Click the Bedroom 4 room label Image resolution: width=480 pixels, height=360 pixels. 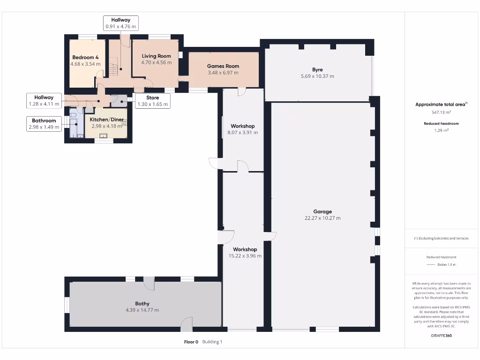coord(85,57)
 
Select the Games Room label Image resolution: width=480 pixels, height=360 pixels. coord(223,66)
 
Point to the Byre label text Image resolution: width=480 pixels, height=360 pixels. coord(317,70)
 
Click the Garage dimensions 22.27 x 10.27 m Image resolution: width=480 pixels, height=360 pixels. coord(322,218)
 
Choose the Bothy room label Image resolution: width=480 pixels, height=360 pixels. coord(142,304)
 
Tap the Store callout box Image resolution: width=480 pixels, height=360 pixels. coord(152,101)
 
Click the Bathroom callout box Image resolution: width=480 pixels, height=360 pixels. coord(44,124)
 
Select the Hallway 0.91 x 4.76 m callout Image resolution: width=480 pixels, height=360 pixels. coord(120,23)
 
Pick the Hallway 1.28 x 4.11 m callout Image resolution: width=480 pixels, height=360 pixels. coord(44,100)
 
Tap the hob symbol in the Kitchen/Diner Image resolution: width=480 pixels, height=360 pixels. coord(125,123)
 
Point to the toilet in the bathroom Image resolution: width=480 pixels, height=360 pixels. coord(74,115)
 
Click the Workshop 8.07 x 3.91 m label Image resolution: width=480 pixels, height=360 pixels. coord(243,129)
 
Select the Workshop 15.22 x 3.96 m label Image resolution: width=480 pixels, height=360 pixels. coord(245,253)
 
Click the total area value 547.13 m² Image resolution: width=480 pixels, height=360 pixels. coord(441,112)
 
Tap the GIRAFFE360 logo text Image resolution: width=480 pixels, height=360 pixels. coord(441,336)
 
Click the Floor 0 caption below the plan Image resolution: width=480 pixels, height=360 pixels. coord(191,342)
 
